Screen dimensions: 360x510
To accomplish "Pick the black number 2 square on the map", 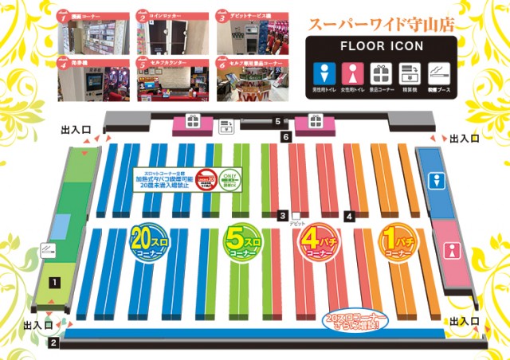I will click(x=53, y=343).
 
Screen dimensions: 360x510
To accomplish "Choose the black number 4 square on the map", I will click(x=349, y=216).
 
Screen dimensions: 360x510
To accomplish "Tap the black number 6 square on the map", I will click(x=285, y=137).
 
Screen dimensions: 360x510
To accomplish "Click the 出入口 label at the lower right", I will click(x=465, y=320).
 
